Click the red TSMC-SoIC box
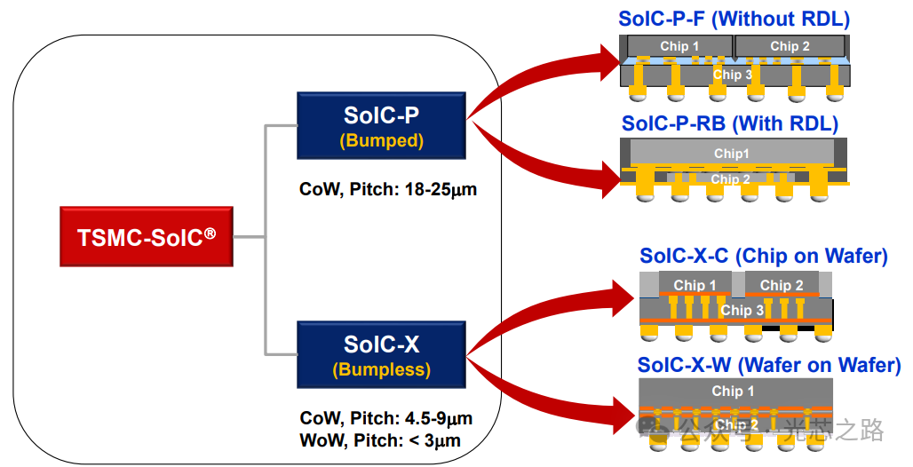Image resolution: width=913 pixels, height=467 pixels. coord(147,236)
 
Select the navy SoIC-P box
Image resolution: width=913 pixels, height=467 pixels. coord(381,125)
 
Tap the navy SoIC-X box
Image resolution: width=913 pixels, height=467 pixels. coord(381,354)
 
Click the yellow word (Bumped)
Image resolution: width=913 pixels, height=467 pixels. coord(381,140)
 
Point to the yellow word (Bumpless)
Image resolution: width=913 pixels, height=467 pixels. coord(381,369)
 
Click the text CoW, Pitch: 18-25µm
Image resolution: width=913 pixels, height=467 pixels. coord(388,189)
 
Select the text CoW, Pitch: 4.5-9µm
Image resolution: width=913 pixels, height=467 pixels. coord(386,418)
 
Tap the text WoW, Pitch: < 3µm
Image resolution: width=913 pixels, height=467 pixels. coord(380,440)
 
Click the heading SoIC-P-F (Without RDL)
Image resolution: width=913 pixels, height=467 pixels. coord(734,19)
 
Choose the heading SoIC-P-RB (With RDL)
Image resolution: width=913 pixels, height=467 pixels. coord(729,123)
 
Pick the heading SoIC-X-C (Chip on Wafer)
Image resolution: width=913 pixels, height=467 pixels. coord(764,256)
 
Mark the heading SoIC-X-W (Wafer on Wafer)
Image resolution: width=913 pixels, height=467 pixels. coord(769,365)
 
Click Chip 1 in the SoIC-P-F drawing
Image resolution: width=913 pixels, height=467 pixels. coord(679,46)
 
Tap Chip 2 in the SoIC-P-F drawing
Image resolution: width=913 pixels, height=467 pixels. coord(790,46)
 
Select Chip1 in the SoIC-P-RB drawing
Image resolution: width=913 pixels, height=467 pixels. coord(731,154)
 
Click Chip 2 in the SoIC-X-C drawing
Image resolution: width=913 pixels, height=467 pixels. coord(782,285)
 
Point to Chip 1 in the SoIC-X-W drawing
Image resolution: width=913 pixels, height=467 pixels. coord(733,392)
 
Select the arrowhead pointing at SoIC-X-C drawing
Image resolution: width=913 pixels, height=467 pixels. coord(624,298)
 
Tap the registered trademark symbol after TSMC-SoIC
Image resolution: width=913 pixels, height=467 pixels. coord(210,233)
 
